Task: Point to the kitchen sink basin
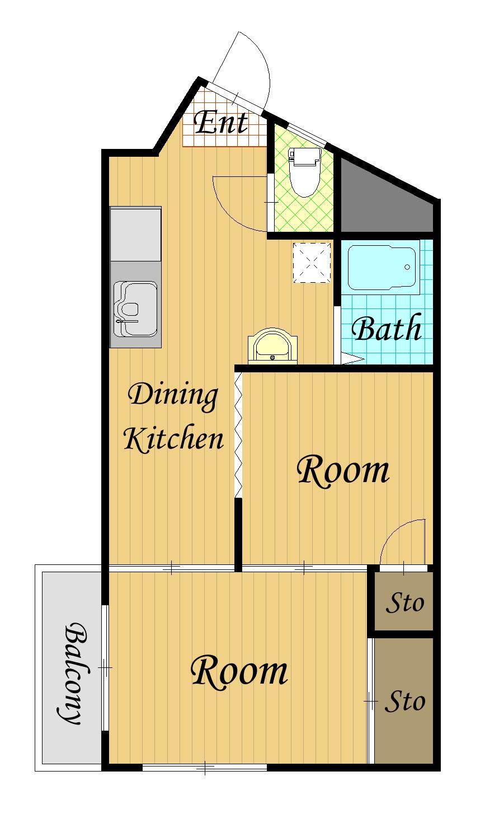[x=135, y=308]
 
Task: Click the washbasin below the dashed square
[x=272, y=345]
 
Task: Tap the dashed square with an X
[x=312, y=263]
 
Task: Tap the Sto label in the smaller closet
[x=405, y=603]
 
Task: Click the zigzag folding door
[x=238, y=434]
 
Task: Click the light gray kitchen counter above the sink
[x=135, y=235]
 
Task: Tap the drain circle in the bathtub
[x=407, y=267]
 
